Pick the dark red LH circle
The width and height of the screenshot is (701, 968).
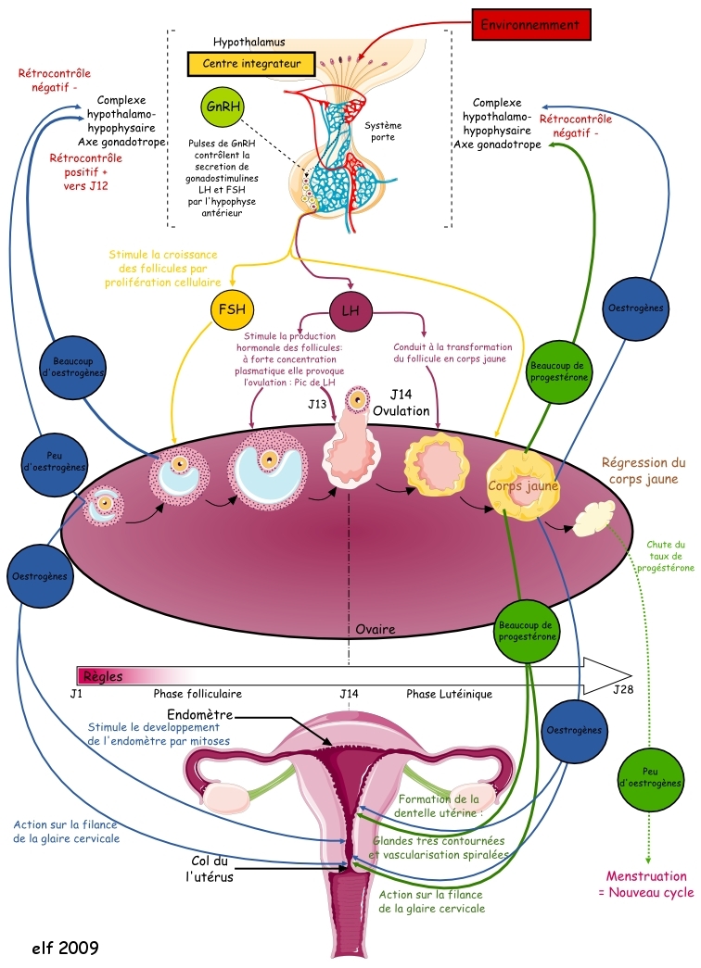pyautogui.click(x=350, y=310)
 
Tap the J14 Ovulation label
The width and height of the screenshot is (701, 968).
pyautogui.click(x=408, y=403)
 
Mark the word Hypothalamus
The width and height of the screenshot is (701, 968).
pyautogui.click(x=249, y=43)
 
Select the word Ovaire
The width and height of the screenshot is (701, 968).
pyautogui.click(x=376, y=629)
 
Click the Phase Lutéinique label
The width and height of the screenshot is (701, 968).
pyautogui.click(x=449, y=693)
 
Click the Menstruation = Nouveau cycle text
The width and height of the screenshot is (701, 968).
pyautogui.click(x=646, y=884)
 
